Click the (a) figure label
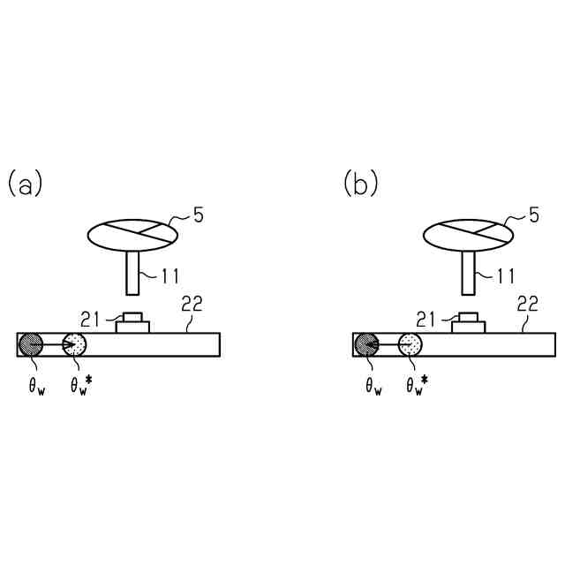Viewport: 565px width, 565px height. tap(25, 185)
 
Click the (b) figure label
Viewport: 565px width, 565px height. tap(360, 185)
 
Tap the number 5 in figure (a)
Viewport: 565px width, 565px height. tap(199, 215)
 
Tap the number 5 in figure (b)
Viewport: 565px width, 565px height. tap(534, 215)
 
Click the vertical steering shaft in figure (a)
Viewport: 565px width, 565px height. tap(132, 273)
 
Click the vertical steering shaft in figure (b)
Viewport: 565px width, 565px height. tap(468, 273)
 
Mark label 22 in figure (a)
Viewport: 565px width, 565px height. tap(192, 305)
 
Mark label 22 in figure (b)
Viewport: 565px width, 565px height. tap(527, 305)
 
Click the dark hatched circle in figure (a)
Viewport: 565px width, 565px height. tap(31, 344)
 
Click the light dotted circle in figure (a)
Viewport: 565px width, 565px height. tap(75, 344)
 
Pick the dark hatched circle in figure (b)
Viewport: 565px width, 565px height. tap(366, 344)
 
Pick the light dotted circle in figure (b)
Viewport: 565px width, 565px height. tap(411, 344)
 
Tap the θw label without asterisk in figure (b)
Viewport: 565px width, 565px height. tap(373, 388)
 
